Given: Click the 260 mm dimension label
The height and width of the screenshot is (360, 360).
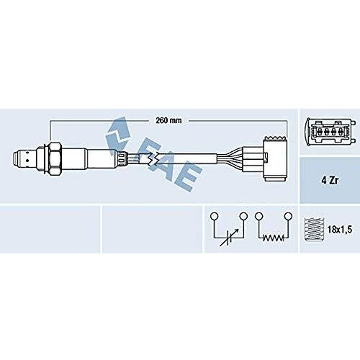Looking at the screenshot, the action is coord(168,120).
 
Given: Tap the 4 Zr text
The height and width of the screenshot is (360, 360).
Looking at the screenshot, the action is coord(330,180).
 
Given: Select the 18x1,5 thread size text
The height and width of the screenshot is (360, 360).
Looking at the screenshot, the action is coord(340,230).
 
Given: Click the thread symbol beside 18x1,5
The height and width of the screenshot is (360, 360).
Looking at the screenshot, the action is coord(314,229).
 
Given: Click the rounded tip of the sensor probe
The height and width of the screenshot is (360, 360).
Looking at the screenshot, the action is coord(16,159).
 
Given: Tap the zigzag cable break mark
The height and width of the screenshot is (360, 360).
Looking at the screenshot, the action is coord(153,158).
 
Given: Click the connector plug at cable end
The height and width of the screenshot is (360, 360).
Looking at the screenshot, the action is coord(275,159).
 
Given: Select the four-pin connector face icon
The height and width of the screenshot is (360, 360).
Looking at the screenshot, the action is coord(330,132).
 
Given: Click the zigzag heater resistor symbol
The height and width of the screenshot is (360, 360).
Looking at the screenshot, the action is coord(274,238).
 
